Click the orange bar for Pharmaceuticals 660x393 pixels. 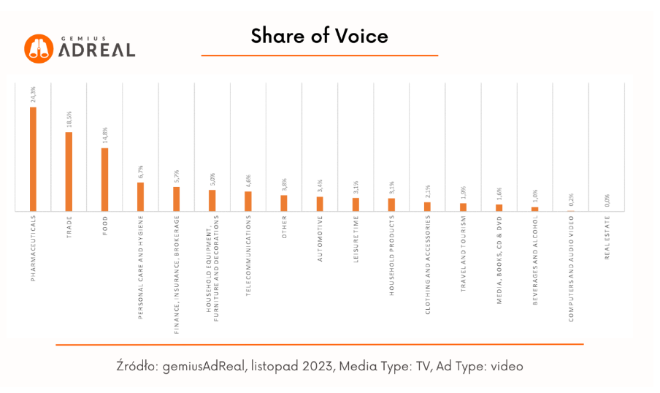click(x=33, y=159)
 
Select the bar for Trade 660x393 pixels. click(x=69, y=172)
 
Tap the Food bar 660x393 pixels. click(x=104, y=180)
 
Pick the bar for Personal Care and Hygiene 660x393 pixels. click(x=140, y=196)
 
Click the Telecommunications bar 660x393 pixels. click(x=248, y=201)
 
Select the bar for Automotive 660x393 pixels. click(x=320, y=204)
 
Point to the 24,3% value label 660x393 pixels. click(x=34, y=94)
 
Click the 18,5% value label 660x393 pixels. click(x=69, y=119)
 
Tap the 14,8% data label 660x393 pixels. click(x=105, y=135)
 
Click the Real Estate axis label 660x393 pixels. click(x=607, y=237)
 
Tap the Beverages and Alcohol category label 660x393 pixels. click(x=535, y=260)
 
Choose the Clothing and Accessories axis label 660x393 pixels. click(x=428, y=264)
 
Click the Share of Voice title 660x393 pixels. click(x=319, y=36)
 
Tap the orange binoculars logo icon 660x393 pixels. click(x=39, y=48)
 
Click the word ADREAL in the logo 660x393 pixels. click(x=97, y=50)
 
